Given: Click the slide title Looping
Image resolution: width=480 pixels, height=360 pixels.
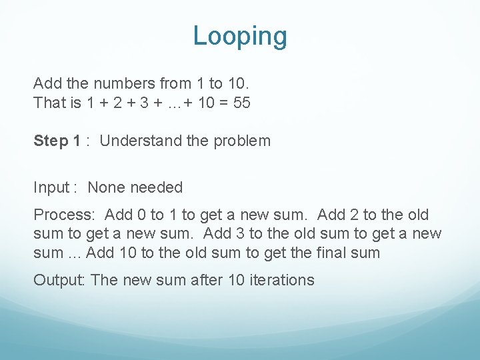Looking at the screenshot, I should (x=240, y=36).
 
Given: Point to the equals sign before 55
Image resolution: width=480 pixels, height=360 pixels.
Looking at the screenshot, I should (x=221, y=103).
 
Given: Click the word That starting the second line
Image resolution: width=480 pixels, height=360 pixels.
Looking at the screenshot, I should (x=47, y=103).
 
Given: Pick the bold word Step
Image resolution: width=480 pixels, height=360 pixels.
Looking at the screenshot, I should (x=51, y=141).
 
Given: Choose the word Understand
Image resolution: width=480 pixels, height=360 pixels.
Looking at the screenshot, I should (x=136, y=141).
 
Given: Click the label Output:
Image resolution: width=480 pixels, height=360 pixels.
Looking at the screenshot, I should (x=59, y=280).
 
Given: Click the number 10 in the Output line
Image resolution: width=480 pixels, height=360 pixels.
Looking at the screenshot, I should (x=236, y=280).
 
